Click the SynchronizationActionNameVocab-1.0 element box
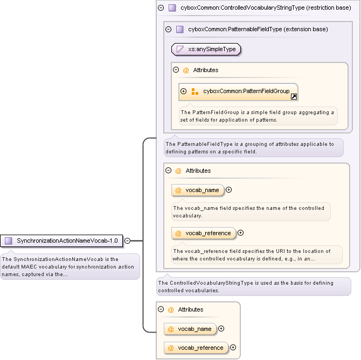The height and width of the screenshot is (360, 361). (x=62, y=241)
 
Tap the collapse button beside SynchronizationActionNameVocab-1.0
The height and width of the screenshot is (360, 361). (x=128, y=241)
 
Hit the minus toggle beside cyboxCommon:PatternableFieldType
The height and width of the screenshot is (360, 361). (x=168, y=29)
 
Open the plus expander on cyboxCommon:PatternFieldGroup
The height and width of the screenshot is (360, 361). (x=184, y=91)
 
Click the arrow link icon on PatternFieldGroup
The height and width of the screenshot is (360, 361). (x=294, y=97)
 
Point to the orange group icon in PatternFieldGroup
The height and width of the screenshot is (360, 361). (x=195, y=91)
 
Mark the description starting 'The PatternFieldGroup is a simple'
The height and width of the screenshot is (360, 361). (x=258, y=116)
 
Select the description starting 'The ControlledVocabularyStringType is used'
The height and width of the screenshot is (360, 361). (x=253, y=286)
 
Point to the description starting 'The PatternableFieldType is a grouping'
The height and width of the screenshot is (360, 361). (x=253, y=147)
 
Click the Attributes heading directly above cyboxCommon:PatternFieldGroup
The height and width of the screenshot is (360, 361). (x=205, y=70)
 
